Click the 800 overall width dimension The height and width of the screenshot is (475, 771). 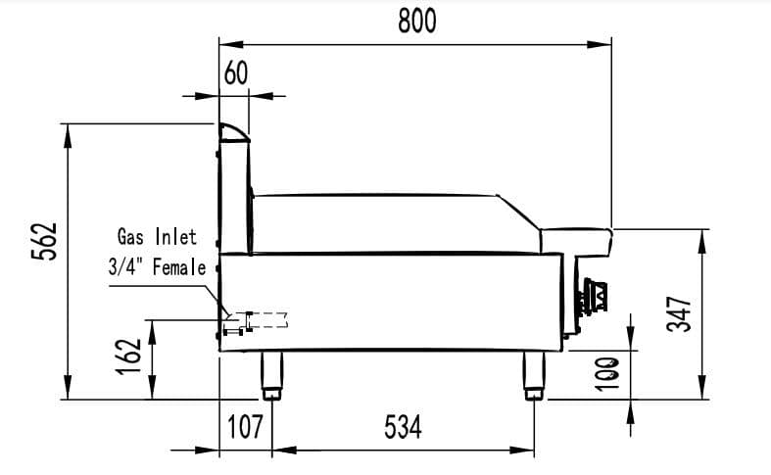tap(417, 22)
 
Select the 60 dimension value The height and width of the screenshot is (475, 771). tap(236, 73)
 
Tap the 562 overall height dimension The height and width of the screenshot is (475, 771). tap(44, 241)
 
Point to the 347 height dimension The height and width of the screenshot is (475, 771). tap(680, 313)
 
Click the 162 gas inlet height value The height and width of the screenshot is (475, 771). tap(129, 356)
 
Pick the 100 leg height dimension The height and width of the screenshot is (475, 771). tap(607, 374)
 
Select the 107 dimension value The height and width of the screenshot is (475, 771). tap(245, 426)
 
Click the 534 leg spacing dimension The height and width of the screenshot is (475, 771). tap(404, 426)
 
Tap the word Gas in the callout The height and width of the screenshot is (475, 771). tap(131, 236)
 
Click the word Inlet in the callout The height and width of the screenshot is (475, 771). tap(176, 236)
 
